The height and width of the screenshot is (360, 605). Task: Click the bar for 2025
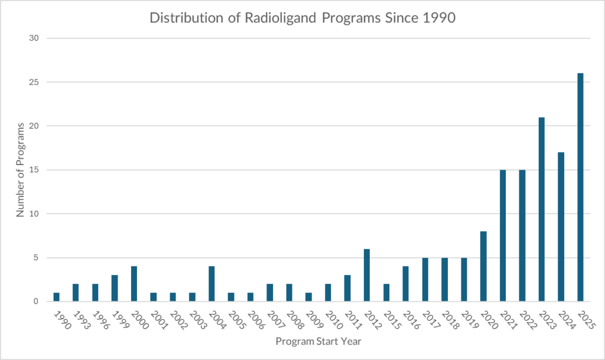point(580,187)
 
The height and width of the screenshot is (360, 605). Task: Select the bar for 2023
point(542,209)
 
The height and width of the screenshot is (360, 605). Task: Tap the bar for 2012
point(367,275)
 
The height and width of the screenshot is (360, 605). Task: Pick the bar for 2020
point(483,266)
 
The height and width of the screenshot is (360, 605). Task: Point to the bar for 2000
point(134,284)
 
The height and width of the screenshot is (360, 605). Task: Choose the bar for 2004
point(212,284)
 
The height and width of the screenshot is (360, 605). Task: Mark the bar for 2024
point(561,227)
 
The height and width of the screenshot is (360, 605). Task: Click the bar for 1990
point(57,297)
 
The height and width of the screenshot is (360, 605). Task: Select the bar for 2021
point(503,236)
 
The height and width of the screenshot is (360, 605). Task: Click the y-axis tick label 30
point(35,38)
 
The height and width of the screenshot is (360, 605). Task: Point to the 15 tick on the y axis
point(35,170)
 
